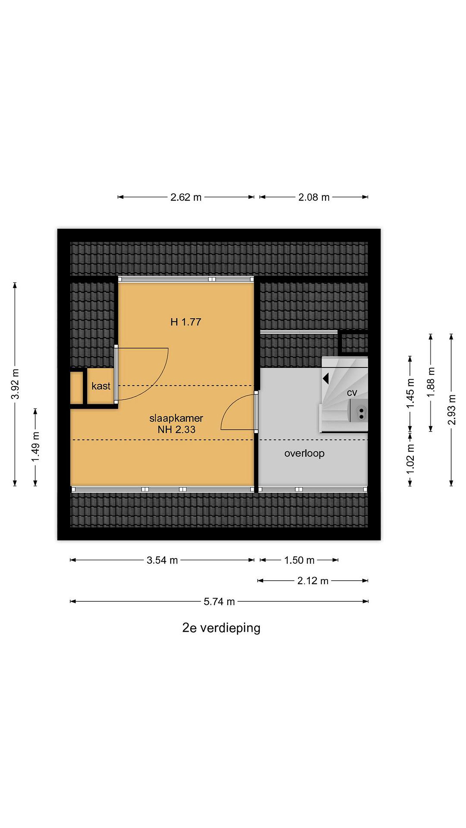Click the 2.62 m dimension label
pyautogui.click(x=186, y=197)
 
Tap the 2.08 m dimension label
pyautogui.click(x=314, y=197)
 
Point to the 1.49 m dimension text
pyautogui.click(x=35, y=447)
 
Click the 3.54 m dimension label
pyautogui.click(x=162, y=560)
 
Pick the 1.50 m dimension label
pyautogui.click(x=299, y=560)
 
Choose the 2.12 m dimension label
pyautogui.click(x=313, y=581)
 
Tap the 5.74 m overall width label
pyautogui.click(x=219, y=601)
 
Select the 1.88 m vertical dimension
pyautogui.click(x=431, y=382)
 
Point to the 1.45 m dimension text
pyautogui.click(x=410, y=393)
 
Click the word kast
pyautogui.click(x=101, y=386)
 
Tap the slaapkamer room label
pyautogui.click(x=176, y=418)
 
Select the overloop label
pyautogui.click(x=304, y=454)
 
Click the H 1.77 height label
pyautogui.click(x=186, y=322)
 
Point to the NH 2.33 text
pyautogui.click(x=177, y=430)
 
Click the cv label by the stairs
pyautogui.click(x=352, y=393)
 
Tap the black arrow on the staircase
pyautogui.click(x=326, y=378)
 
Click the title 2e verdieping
pyautogui.click(x=221, y=628)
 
